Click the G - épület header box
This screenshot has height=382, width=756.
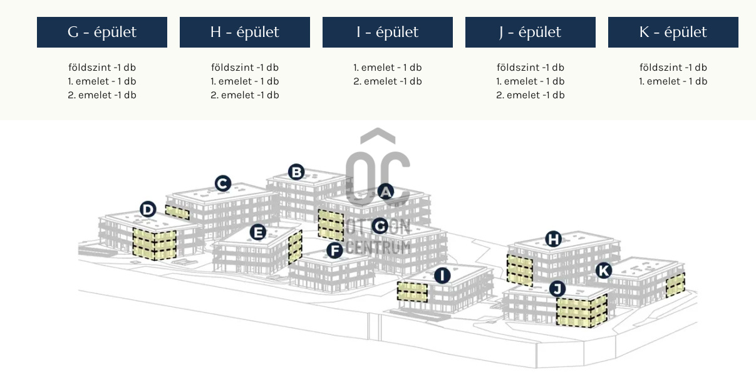(x=102, y=32)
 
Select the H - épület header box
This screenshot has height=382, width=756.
(x=245, y=32)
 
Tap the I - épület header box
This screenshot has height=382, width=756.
(x=388, y=32)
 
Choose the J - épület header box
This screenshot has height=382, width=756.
(x=531, y=32)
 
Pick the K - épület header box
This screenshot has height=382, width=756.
(x=673, y=32)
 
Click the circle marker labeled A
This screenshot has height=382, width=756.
(x=386, y=192)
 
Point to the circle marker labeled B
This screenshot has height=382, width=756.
(x=296, y=172)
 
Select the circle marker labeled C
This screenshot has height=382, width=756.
(x=222, y=183)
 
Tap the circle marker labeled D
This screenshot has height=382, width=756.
(x=148, y=209)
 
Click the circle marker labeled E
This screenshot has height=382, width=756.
(x=257, y=232)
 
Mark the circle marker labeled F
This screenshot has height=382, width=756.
(x=335, y=251)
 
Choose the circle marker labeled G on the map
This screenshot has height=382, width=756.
(x=380, y=225)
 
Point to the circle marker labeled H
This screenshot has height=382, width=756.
(x=553, y=239)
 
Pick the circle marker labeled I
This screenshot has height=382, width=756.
(x=442, y=275)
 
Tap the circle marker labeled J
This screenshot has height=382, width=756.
(x=557, y=289)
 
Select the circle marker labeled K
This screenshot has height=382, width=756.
(x=603, y=271)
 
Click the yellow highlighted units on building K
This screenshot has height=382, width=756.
(x=675, y=285)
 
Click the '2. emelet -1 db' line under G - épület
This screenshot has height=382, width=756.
(x=102, y=95)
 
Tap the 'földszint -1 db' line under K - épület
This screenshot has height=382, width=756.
(x=673, y=68)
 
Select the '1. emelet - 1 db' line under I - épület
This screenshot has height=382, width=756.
(x=388, y=68)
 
